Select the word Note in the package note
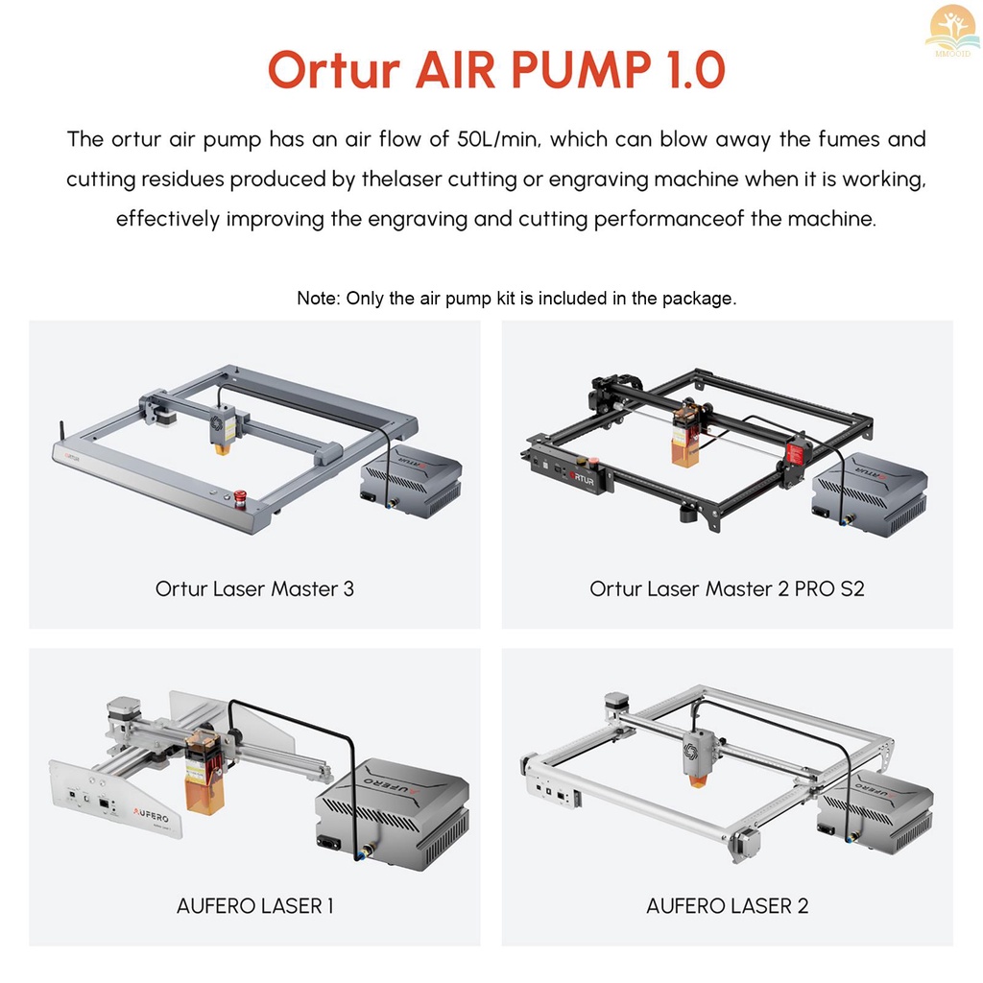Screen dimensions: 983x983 317,299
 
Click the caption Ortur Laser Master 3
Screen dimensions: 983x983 254,588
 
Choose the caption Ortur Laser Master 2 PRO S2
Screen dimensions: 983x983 727,588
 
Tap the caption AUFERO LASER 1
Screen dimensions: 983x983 254,905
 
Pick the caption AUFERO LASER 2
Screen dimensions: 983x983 727,905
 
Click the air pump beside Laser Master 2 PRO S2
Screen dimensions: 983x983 869,494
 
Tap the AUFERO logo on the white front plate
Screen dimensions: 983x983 153,811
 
